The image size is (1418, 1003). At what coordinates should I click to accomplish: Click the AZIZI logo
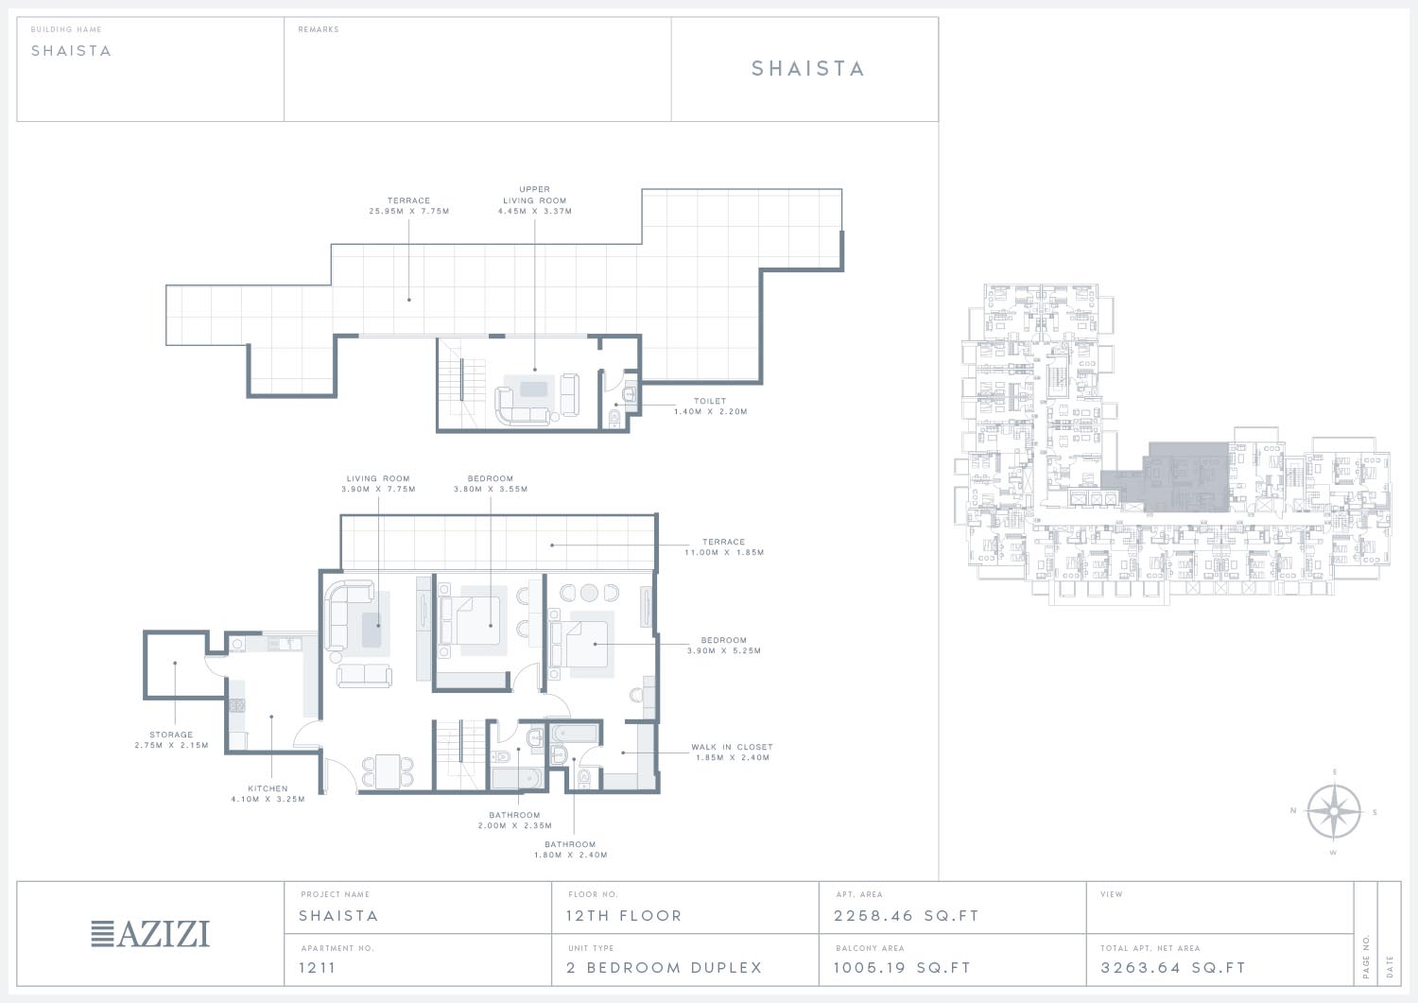[150, 934]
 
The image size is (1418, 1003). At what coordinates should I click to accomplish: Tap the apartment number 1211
[317, 967]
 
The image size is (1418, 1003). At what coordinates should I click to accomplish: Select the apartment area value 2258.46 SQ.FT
[906, 916]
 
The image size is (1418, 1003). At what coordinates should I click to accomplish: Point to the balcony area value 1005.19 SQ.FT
[902, 967]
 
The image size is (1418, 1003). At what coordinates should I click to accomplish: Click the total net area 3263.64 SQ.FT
[1173, 967]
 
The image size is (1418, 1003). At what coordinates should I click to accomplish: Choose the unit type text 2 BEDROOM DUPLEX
[664, 967]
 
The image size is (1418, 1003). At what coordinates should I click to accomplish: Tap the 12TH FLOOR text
[624, 916]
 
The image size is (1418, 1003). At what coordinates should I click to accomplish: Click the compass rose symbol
[1334, 812]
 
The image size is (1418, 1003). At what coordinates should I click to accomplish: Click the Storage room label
[171, 735]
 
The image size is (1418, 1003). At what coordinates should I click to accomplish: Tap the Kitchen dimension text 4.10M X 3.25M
[268, 799]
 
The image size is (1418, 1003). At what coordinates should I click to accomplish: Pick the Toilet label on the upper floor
[710, 401]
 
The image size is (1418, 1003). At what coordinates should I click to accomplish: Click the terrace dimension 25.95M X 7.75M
[409, 212]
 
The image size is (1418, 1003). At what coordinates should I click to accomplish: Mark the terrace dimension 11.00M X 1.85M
[724, 552]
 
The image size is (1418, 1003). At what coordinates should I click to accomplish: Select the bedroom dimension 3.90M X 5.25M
[724, 650]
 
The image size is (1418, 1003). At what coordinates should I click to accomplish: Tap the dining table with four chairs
[388, 771]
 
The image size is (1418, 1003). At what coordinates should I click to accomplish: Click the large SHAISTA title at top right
[807, 68]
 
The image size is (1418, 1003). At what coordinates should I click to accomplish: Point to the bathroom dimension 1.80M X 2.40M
[570, 855]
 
